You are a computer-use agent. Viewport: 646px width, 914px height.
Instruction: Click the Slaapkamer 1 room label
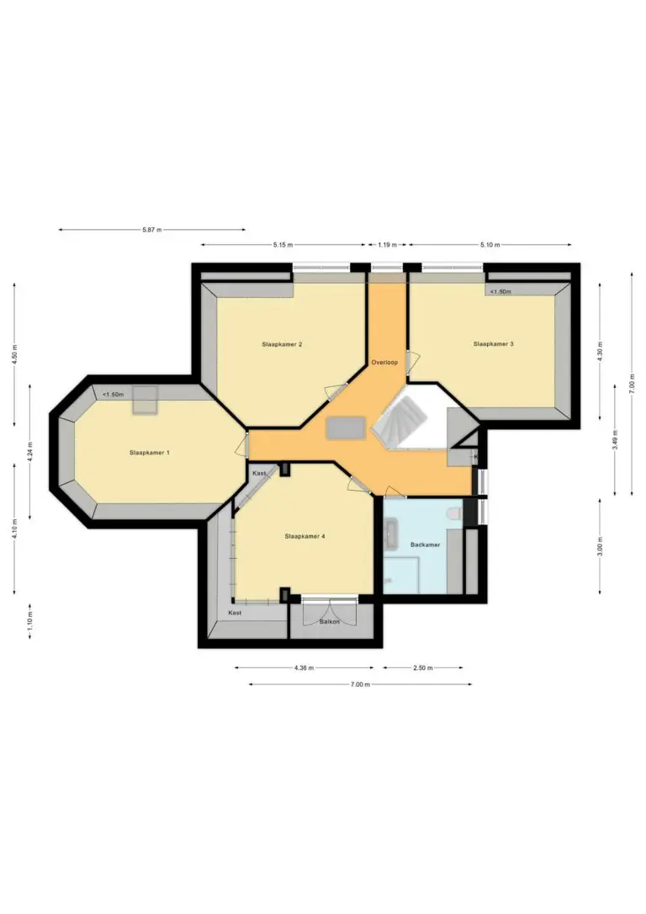(x=149, y=452)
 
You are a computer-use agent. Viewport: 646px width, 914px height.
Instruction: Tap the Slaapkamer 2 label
(x=282, y=344)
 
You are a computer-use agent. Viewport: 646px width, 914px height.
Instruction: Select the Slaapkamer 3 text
(x=494, y=344)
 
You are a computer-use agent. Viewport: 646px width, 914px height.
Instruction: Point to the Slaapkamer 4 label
(x=304, y=536)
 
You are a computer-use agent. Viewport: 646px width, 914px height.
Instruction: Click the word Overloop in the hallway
(x=384, y=363)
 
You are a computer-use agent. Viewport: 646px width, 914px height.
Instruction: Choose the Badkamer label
(x=426, y=545)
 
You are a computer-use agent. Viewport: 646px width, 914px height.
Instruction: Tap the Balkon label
(x=329, y=622)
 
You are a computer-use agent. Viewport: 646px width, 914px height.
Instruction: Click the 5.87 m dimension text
(x=152, y=230)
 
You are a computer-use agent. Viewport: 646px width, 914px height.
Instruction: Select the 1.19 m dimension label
(x=388, y=245)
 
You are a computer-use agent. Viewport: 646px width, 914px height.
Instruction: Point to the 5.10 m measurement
(x=490, y=245)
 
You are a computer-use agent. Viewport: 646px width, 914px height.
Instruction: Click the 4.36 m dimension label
(x=304, y=668)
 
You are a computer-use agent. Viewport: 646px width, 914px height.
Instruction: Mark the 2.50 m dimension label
(x=423, y=668)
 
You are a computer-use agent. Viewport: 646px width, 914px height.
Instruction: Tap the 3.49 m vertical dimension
(x=616, y=438)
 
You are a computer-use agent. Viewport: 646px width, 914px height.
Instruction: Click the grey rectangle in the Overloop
(x=347, y=428)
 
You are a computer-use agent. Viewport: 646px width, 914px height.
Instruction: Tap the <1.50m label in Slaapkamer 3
(x=500, y=291)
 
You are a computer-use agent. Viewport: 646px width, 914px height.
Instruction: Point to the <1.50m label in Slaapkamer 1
(x=113, y=395)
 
